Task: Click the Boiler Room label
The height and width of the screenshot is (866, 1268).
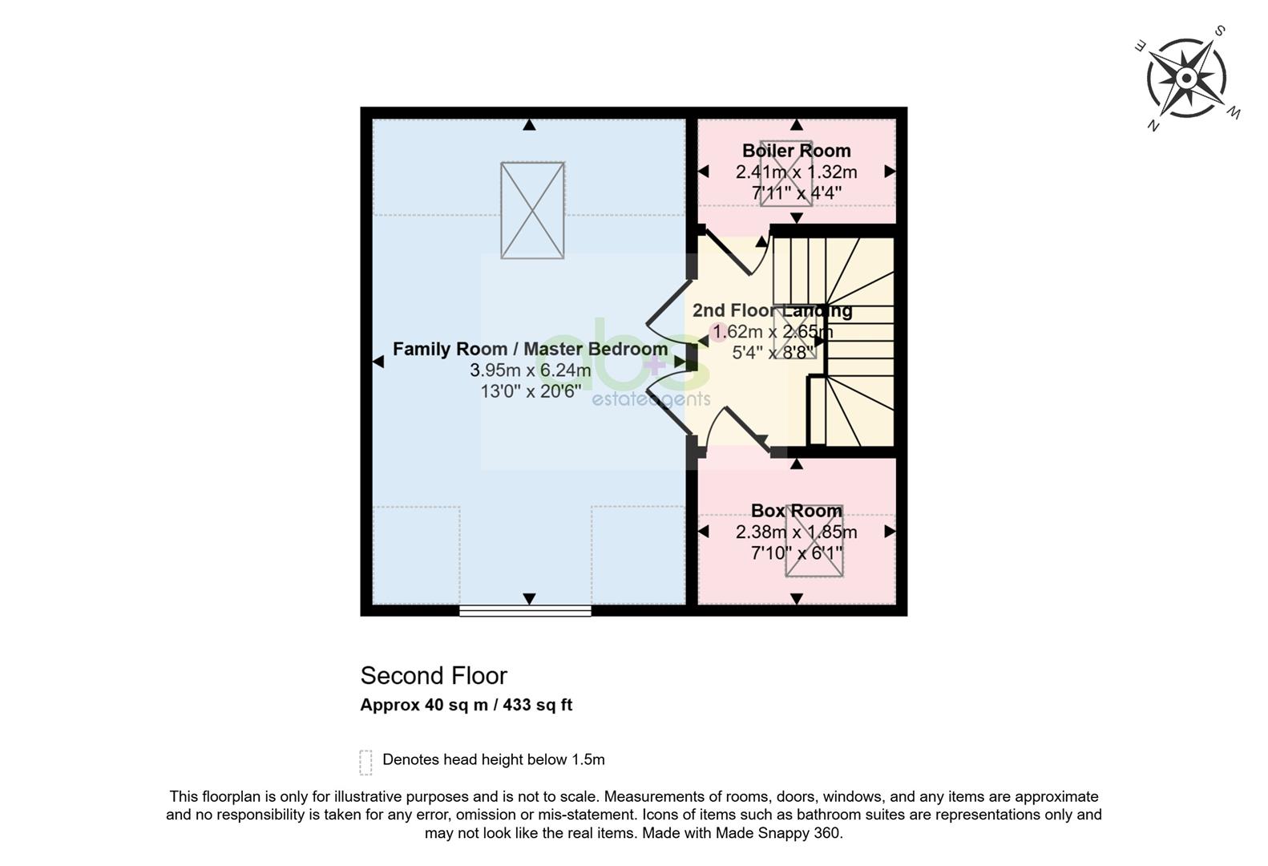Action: tap(796, 151)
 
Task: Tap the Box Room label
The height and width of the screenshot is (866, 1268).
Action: tap(796, 511)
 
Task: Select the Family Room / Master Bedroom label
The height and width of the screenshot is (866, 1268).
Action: tap(530, 349)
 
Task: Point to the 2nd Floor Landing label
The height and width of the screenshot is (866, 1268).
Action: tap(772, 310)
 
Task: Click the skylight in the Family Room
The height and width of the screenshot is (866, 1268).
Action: tap(532, 211)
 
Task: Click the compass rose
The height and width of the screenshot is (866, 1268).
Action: tap(1186, 78)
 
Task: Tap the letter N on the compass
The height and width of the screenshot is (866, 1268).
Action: tap(1153, 125)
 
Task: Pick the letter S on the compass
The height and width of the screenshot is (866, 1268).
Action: tap(1220, 30)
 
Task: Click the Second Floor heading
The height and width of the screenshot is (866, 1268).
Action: tap(434, 676)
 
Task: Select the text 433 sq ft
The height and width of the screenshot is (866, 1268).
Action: tap(538, 705)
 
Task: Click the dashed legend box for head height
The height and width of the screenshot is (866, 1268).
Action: tap(365, 763)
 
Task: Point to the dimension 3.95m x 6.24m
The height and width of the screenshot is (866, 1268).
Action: tap(530, 370)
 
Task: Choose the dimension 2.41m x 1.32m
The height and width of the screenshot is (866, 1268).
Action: tap(796, 172)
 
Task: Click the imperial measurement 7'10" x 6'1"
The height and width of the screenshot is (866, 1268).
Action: tap(796, 552)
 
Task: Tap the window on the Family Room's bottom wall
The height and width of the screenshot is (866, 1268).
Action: tap(525, 610)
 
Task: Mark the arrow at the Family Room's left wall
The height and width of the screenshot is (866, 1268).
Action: tap(378, 362)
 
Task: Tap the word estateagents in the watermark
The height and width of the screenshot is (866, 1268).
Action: tap(651, 399)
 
